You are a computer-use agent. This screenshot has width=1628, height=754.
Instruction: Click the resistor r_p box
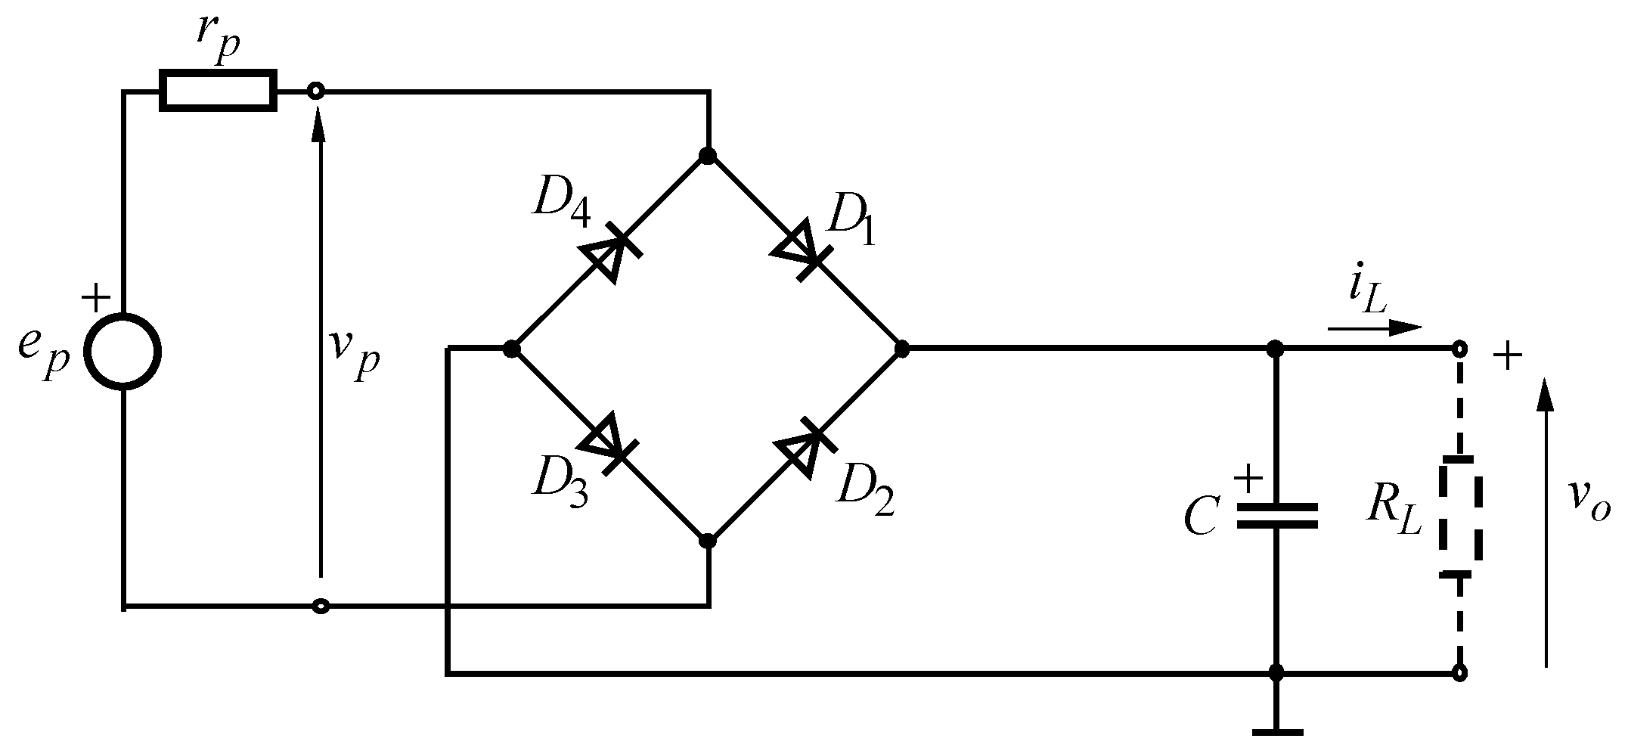pos(218,92)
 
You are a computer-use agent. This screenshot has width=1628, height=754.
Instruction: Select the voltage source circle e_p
pos(122,352)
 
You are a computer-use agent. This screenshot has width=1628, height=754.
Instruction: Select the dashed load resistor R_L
pos(1460,517)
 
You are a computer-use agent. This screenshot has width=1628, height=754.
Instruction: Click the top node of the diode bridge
pos(708,156)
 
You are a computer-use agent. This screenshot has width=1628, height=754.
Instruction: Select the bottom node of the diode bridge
pos(708,541)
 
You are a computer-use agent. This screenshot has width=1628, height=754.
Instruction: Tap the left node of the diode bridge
pos(512,349)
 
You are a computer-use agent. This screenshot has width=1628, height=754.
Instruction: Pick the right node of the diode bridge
pos(901,349)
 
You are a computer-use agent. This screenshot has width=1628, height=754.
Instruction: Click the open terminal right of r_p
pos(316,92)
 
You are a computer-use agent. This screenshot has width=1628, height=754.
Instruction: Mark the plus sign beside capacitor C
pos(1247,477)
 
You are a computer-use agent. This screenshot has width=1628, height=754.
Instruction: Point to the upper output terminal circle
pos(1460,349)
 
